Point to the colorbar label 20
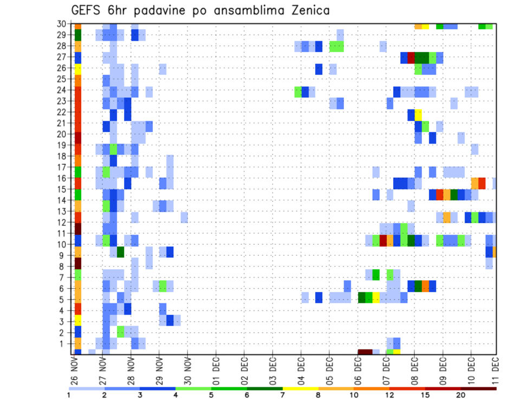pos(461,395)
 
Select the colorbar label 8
pos(318,395)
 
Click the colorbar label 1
pos(69,395)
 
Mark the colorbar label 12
pos(389,395)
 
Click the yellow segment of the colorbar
pos(300,388)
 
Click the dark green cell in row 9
pos(120,252)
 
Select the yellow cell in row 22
pos(418,115)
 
